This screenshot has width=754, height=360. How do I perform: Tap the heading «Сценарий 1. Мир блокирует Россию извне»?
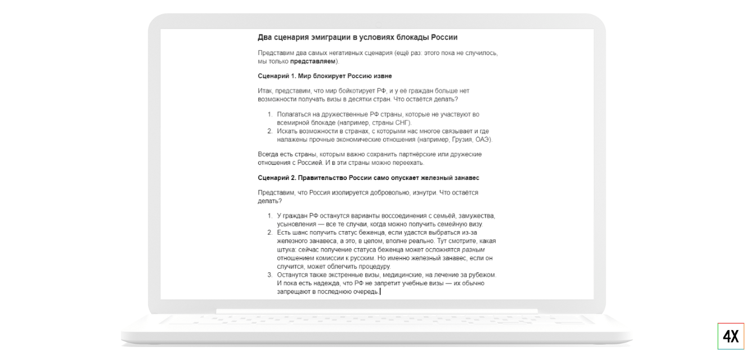[325, 76]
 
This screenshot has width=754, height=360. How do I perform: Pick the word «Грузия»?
[458, 139]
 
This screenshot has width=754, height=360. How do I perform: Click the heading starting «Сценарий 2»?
[369, 178]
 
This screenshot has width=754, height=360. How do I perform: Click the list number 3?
[269, 275]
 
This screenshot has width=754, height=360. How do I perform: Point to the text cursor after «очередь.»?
[380, 291]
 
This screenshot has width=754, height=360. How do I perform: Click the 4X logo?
[730, 336]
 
